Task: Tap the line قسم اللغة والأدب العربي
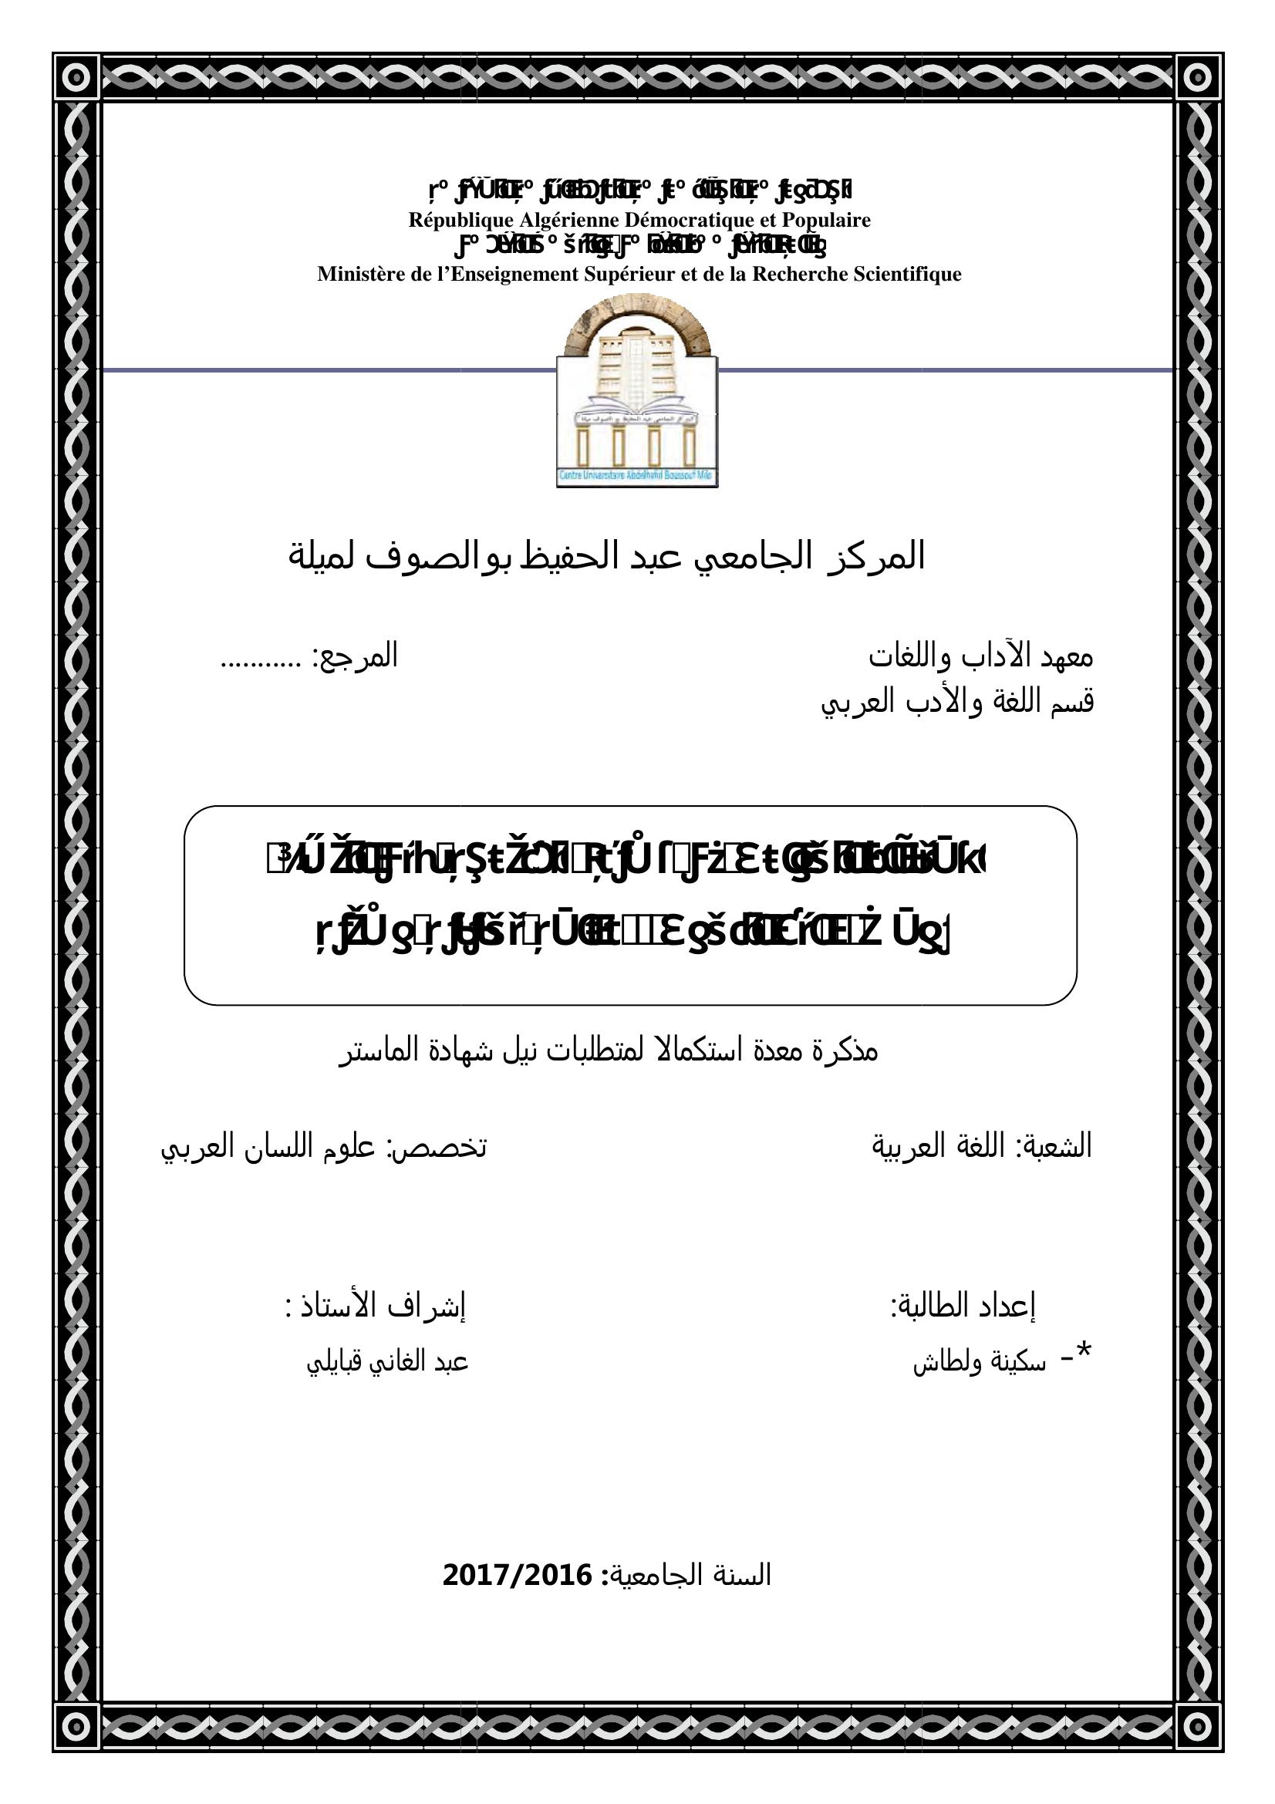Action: tap(957, 702)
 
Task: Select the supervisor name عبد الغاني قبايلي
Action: tap(387, 1361)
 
